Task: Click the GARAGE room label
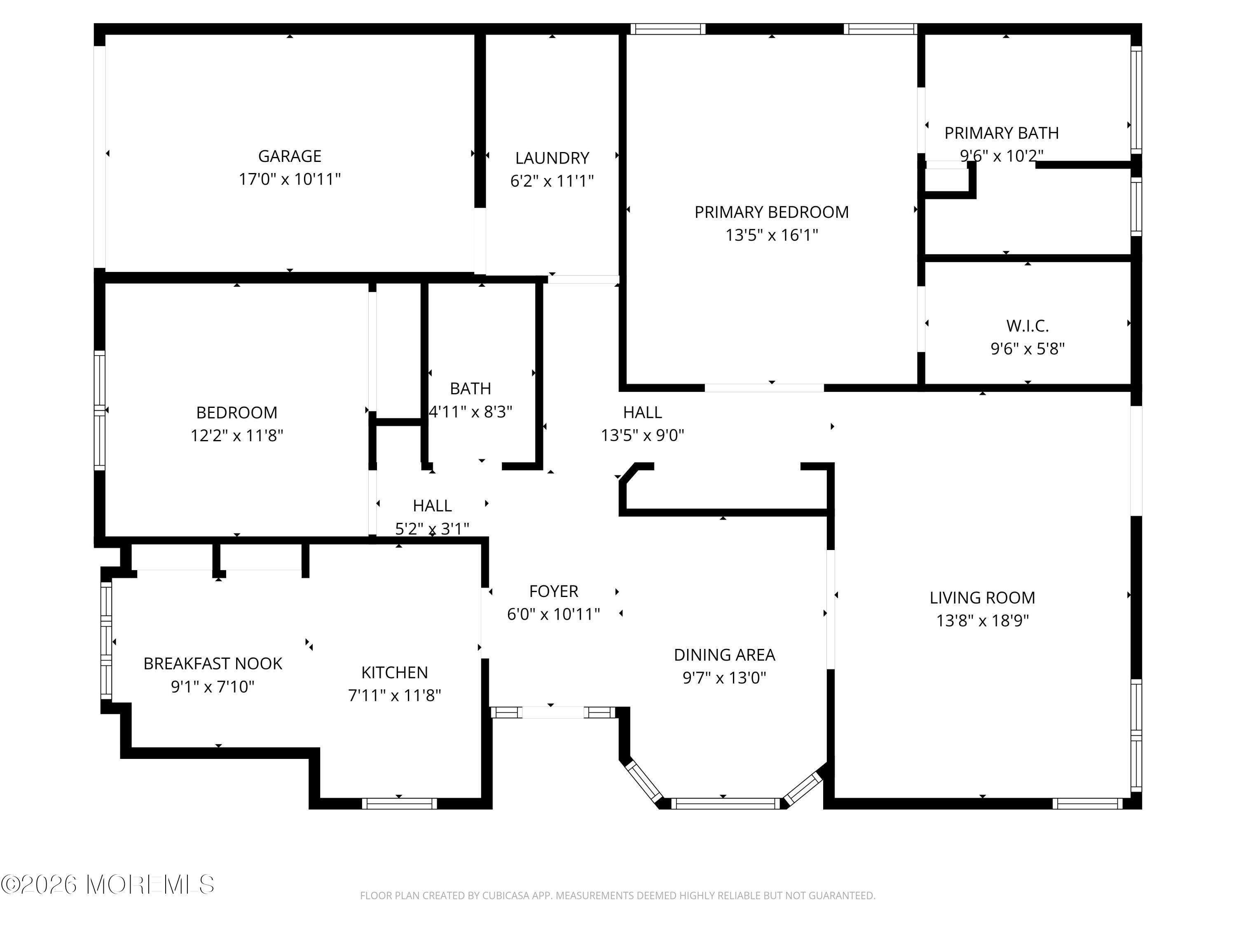point(290,156)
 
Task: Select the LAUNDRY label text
point(552,158)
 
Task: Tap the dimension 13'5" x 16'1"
point(772,235)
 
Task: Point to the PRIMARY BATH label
point(1001,133)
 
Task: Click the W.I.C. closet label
point(1028,326)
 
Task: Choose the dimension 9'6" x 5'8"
point(1028,349)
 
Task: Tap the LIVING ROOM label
point(982,598)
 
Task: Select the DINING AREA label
point(724,655)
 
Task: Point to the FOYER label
point(553,591)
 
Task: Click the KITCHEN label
point(395,672)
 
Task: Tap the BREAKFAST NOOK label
point(213,663)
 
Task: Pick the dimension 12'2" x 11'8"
point(237,435)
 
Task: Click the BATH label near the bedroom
point(471,389)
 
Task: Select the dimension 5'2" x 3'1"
point(432,529)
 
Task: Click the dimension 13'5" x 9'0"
point(643,435)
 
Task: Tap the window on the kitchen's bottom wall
point(400,803)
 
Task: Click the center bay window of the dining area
point(725,803)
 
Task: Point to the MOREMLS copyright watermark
point(107,885)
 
